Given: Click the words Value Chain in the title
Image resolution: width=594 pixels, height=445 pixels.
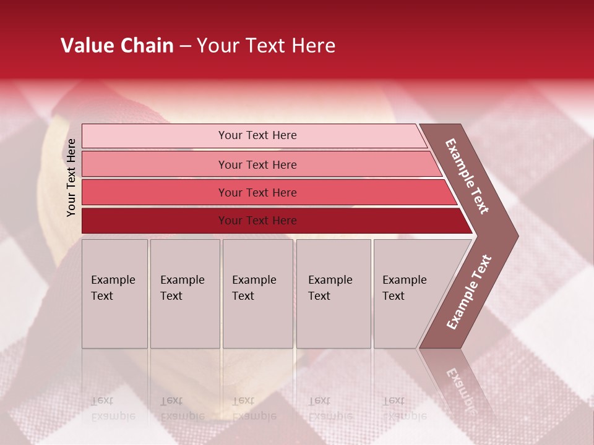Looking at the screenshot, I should click(x=117, y=45).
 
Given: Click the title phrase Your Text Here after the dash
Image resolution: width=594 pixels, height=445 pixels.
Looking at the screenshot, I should click(x=266, y=45).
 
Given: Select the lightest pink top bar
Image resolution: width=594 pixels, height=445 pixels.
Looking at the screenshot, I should click(x=155, y=135).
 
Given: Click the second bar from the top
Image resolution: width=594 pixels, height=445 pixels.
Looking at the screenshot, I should click(x=155, y=164).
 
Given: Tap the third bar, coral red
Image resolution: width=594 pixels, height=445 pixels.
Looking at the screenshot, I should click(x=155, y=192).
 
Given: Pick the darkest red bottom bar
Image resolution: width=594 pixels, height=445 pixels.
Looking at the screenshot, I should click(x=155, y=221).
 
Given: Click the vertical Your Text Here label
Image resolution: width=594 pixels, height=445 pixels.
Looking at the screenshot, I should click(x=71, y=177).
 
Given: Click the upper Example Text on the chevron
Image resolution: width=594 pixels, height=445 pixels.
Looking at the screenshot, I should click(x=467, y=176).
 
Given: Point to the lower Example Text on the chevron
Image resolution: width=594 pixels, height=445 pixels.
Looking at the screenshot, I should click(x=468, y=292).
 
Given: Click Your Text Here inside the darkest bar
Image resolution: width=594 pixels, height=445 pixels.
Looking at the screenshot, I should click(x=257, y=221).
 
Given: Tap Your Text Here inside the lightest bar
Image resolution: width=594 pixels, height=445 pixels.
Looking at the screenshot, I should click(x=257, y=135).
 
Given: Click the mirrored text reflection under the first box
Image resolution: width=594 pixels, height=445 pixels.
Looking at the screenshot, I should click(x=113, y=409).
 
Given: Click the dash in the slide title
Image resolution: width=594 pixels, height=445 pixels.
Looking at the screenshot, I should click(x=185, y=46).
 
